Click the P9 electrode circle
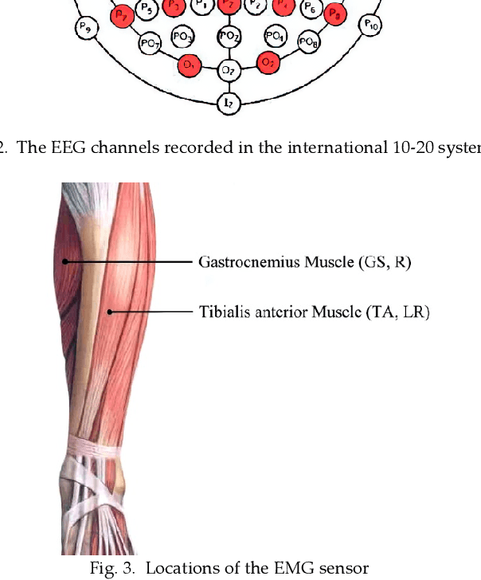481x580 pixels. tap(84, 28)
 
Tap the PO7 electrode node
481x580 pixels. tap(149, 44)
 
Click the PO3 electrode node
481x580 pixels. tap(184, 37)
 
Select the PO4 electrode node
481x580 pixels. tap(274, 37)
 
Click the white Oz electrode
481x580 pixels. tap(229, 71)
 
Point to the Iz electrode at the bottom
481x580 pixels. tap(229, 102)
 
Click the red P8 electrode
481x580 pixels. tap(336, 14)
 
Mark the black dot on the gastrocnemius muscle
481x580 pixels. tap(67, 261)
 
